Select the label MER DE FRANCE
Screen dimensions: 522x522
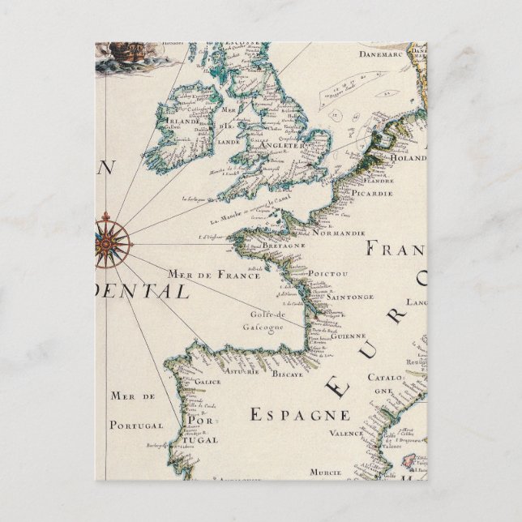click(201, 274)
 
